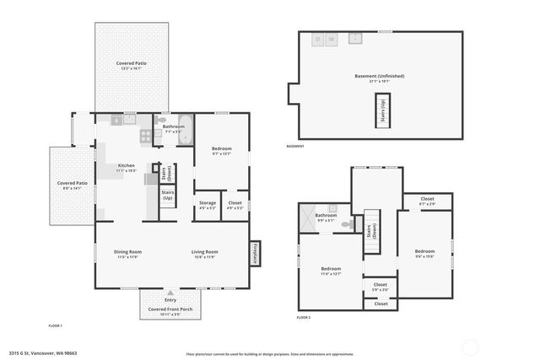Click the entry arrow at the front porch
click(x=170, y=293)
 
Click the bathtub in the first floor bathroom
click(x=186, y=135)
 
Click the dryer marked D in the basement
click(x=318, y=40)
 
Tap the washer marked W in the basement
click(x=332, y=40)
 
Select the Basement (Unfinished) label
click(x=379, y=78)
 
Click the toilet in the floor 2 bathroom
click(x=333, y=207)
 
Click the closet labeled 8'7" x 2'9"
click(x=427, y=201)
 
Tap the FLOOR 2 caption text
click(x=304, y=318)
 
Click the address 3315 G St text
click(x=43, y=353)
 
